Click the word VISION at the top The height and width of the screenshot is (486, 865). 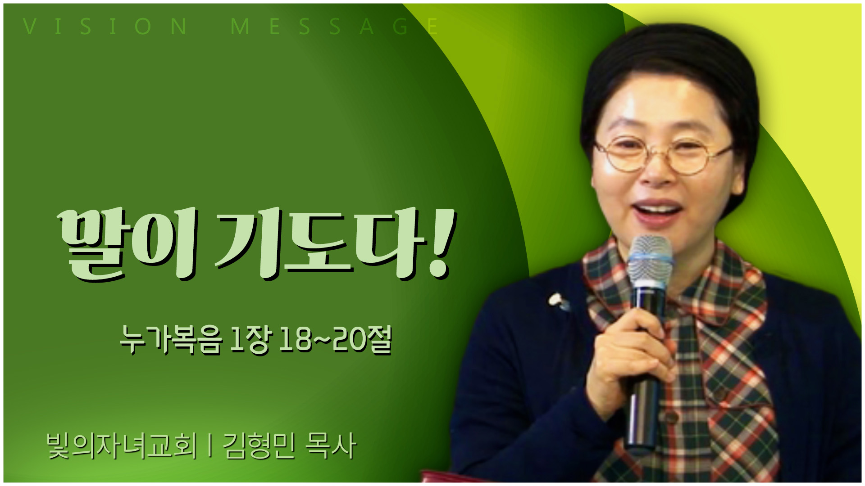point(105,27)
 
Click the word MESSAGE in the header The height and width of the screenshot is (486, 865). point(334,27)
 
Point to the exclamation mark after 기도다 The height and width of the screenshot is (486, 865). point(442,243)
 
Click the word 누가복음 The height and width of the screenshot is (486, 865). point(171,340)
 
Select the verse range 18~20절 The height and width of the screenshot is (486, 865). point(335,340)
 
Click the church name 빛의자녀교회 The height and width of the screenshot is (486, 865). point(122,446)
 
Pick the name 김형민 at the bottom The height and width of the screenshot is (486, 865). point(259,446)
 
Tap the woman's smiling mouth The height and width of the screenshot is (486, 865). point(657,211)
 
